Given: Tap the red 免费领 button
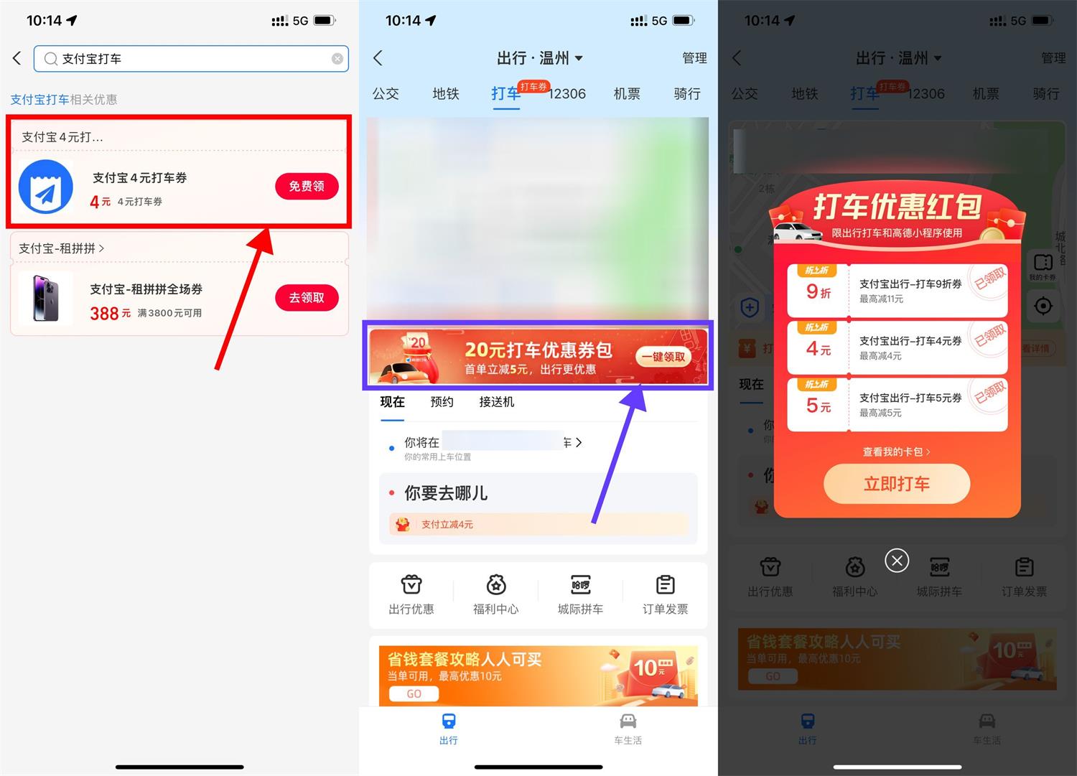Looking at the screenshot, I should point(307,187).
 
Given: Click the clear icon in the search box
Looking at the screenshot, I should point(337,59).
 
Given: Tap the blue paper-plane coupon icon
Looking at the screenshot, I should point(46,187).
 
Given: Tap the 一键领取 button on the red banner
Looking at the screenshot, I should point(663,357).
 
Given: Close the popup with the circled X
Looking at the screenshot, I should point(897,561).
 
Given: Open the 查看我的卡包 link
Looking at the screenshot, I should point(896,452).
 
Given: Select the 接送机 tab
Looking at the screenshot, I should point(497,402).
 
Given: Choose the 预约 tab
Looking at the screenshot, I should point(442,402).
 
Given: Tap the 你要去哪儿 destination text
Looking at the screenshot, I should point(446,493).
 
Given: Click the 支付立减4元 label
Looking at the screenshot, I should point(447,525).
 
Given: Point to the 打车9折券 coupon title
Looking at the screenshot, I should point(910,284).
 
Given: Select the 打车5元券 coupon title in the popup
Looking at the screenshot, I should point(910,398).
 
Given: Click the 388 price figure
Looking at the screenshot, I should point(104,314).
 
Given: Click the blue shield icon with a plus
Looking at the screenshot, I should point(750,309).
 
